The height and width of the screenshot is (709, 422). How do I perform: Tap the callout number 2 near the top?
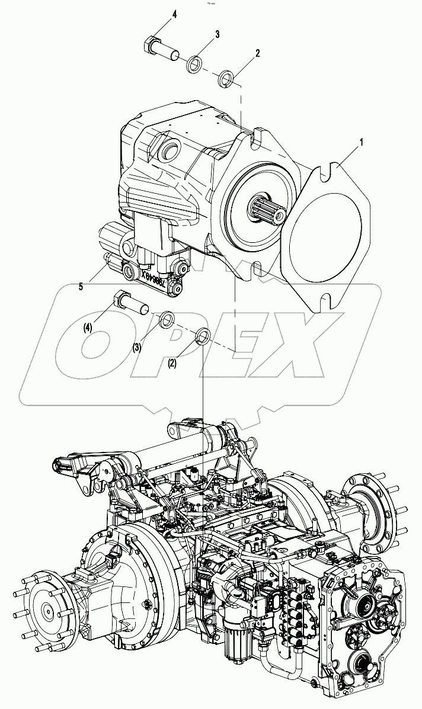click(258, 53)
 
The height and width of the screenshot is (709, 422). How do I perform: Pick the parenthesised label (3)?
click(138, 347)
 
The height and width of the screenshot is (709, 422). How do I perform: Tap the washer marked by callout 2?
click(226, 78)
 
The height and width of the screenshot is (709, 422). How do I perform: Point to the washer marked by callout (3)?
click(168, 320)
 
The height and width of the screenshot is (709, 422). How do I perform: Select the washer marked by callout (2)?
click(202, 336)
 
